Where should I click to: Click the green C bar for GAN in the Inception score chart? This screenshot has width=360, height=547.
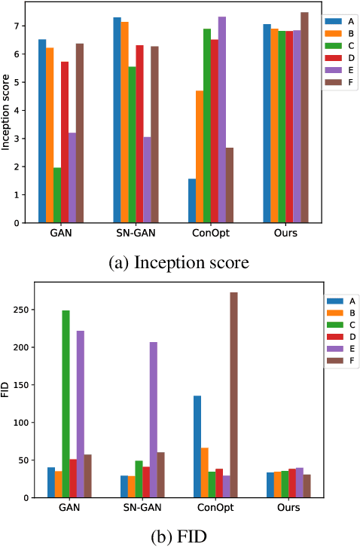pyautogui.click(x=58, y=195)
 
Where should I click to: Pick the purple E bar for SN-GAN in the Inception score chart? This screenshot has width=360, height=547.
pyautogui.click(x=147, y=180)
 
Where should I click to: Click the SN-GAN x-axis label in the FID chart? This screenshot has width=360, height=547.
pyautogui.click(x=140, y=509)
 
